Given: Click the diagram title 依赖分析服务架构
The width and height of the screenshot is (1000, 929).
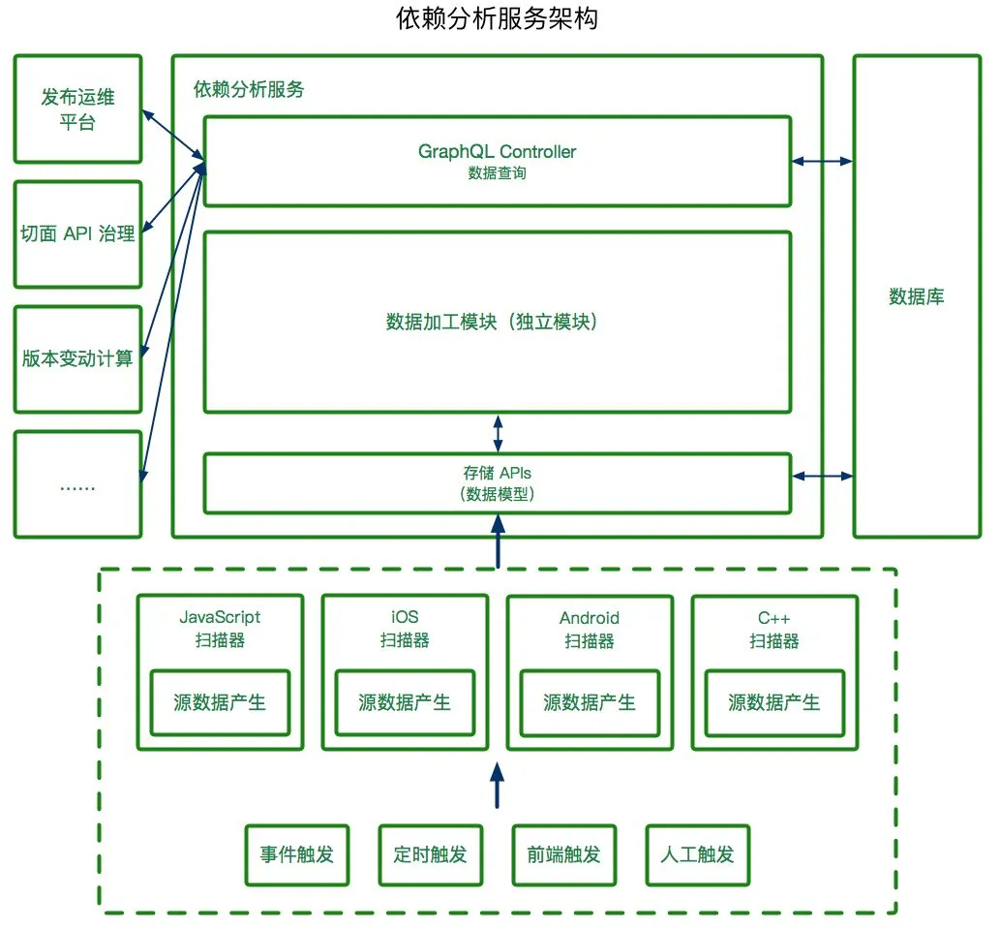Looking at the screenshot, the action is click(x=497, y=17).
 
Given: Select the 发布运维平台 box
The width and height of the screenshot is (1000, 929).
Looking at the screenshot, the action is click(x=77, y=108).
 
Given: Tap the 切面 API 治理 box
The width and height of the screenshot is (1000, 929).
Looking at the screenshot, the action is click(x=77, y=234).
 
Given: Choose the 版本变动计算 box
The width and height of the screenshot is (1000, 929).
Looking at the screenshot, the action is click(x=77, y=359).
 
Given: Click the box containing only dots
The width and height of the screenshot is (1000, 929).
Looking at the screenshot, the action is click(x=77, y=484).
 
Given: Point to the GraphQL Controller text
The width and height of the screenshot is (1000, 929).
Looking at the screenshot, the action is click(x=497, y=152).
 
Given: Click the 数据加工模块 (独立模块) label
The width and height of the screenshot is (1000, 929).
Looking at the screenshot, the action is click(x=492, y=322).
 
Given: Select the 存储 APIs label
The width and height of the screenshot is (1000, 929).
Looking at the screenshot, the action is click(x=497, y=473).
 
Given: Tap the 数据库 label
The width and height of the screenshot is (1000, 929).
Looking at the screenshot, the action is click(x=917, y=296).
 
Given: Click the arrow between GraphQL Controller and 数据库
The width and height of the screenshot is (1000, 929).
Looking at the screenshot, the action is click(x=822, y=162).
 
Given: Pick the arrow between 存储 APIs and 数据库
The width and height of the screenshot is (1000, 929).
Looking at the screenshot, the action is click(x=822, y=476).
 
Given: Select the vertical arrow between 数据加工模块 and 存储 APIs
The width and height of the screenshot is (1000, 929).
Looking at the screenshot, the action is click(x=499, y=433).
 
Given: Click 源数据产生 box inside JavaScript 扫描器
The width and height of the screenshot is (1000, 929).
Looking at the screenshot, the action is click(x=220, y=702).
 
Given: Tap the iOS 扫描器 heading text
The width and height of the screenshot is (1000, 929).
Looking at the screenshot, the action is click(x=405, y=629).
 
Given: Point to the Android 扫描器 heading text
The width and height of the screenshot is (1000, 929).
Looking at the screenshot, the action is click(x=590, y=629).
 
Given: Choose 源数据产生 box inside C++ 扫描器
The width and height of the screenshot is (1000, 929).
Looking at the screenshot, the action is click(x=774, y=702).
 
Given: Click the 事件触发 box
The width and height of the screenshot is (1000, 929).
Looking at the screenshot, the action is click(x=297, y=855).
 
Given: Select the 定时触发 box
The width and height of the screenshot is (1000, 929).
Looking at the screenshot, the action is click(x=431, y=855).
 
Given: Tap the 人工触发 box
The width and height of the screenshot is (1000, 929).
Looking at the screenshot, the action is click(x=698, y=855).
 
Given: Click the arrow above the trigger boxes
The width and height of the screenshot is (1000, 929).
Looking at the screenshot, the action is click(x=498, y=785).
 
